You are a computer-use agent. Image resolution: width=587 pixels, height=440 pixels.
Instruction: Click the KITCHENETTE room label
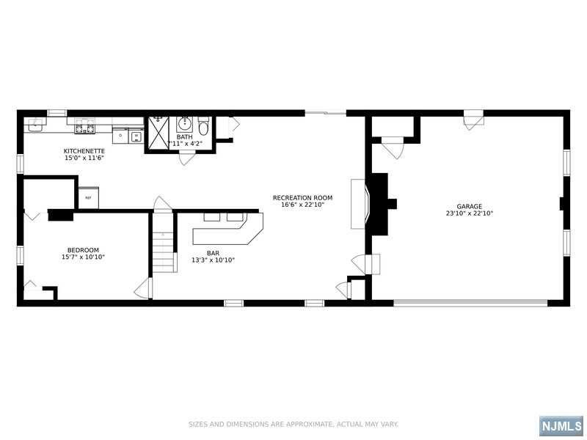click(x=84, y=151)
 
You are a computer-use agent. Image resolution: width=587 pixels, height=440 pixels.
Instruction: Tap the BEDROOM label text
click(x=83, y=250)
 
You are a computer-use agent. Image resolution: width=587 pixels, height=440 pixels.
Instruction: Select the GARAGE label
click(x=469, y=206)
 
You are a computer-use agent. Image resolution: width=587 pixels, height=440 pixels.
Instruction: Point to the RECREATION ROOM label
click(x=302, y=197)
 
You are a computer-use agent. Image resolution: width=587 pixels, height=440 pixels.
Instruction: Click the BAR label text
click(x=213, y=253)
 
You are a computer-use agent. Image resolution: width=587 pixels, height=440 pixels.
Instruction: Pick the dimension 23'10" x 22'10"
click(x=470, y=213)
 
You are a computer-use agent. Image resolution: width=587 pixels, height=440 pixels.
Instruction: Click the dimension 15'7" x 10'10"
click(x=83, y=257)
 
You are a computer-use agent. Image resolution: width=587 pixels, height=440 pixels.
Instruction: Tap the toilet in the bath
click(x=203, y=126)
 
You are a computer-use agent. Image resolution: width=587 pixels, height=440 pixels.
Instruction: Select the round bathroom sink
click(x=185, y=124)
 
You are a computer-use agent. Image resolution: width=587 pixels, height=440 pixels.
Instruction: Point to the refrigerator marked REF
click(x=89, y=197)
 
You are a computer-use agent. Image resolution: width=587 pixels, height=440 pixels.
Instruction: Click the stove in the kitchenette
click(x=84, y=126)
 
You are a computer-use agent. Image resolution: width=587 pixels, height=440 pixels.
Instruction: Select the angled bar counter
click(x=227, y=235)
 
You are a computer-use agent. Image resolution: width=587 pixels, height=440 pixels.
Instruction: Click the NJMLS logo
click(x=561, y=426)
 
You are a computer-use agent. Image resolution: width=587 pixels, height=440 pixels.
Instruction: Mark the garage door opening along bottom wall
click(x=470, y=303)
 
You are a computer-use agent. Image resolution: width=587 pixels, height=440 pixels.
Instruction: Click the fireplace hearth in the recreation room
click(x=358, y=204)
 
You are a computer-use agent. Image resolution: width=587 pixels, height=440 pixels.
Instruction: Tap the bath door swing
click(x=187, y=158)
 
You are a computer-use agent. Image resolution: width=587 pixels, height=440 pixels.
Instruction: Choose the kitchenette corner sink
click(x=35, y=125)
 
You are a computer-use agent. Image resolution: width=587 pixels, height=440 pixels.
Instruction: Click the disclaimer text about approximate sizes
click(x=293, y=425)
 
